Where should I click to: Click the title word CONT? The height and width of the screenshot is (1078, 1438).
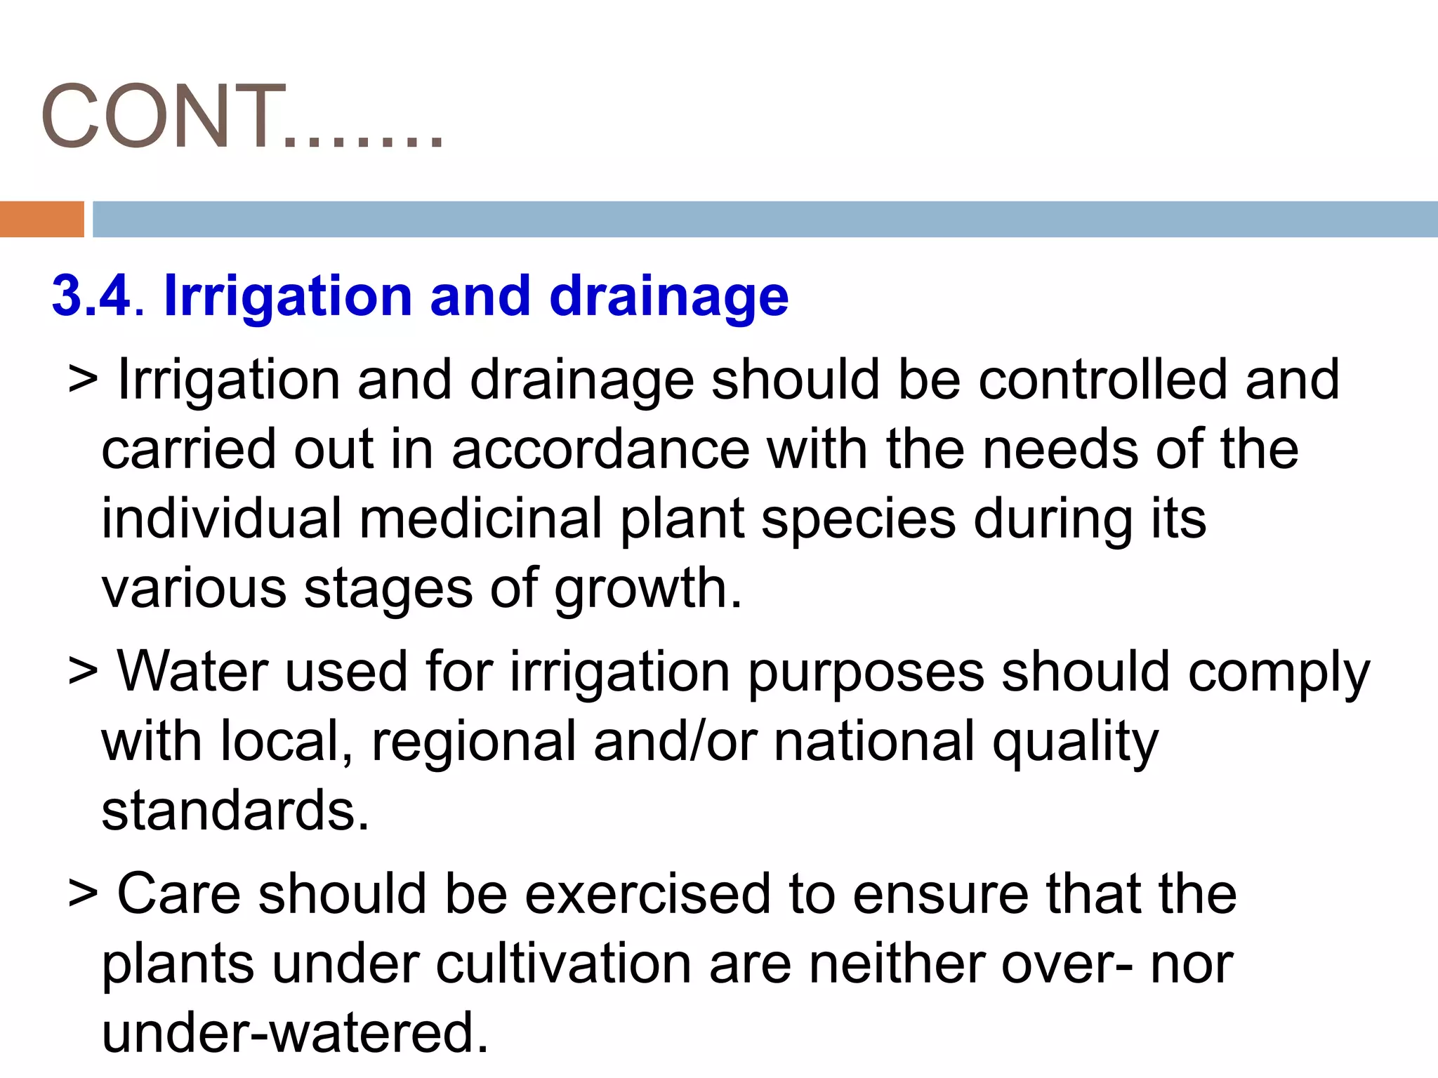click(x=163, y=116)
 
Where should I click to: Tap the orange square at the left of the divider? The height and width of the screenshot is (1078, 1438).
click(x=41, y=219)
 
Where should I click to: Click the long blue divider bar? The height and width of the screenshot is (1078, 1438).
click(x=765, y=219)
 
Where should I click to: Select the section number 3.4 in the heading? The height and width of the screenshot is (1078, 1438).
click(x=91, y=295)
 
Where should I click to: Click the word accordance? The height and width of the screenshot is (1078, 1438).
click(x=600, y=449)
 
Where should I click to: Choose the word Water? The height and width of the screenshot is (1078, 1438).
click(x=192, y=672)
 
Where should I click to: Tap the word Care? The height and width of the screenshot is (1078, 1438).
click(x=178, y=893)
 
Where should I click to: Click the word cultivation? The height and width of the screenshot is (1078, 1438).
click(x=564, y=964)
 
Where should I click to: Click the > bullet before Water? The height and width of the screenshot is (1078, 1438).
click(x=83, y=672)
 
